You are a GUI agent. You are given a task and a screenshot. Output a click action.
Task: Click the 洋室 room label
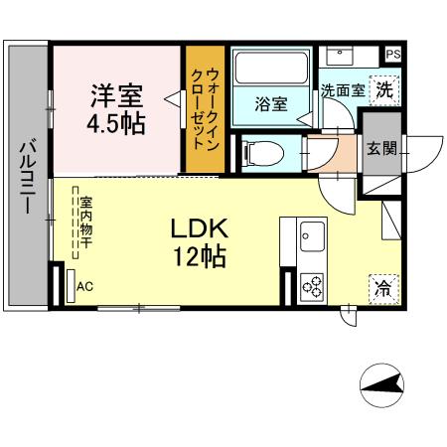point(116,96)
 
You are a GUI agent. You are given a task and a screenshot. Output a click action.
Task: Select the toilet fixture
point(262,153)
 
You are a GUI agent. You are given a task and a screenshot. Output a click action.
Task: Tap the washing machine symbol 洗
point(383,87)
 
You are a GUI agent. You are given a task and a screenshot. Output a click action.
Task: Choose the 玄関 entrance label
point(380,150)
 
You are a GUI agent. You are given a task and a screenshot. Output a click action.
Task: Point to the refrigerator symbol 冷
point(381,288)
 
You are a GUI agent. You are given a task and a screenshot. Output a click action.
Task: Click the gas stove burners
point(310,286)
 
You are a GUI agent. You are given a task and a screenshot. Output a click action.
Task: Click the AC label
point(84,287)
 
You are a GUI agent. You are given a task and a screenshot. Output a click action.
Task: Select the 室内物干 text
point(87,222)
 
